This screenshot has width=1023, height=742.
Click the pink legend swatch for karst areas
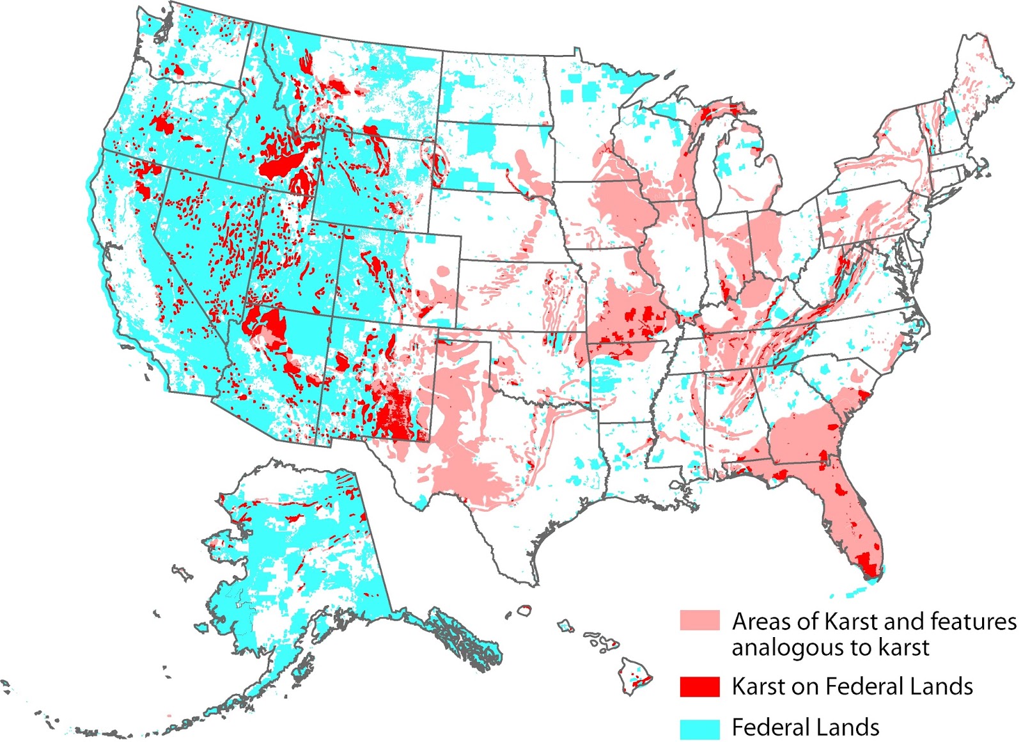coord(699,620)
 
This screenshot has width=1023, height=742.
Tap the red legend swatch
coord(699,686)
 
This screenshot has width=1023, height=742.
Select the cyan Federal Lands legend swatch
coord(699,728)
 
